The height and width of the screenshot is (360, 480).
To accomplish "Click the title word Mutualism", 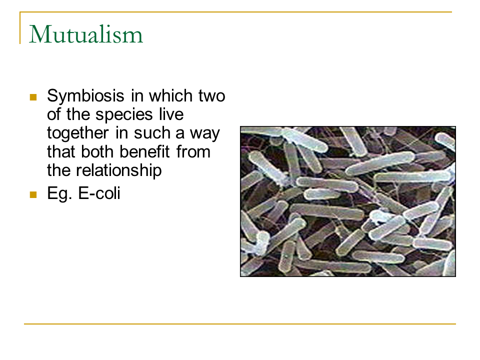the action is tap(86, 34).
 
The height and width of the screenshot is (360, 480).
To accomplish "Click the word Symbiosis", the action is tap(85, 96).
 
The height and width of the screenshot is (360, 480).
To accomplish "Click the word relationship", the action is tap(119, 171).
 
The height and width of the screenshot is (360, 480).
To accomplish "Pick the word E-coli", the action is tap(99, 193).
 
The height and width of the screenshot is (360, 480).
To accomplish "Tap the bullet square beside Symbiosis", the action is tap(33, 97).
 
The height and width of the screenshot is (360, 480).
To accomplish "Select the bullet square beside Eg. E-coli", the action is tap(33, 194).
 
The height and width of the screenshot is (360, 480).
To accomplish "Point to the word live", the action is tap(171, 114).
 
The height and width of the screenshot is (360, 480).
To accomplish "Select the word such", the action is tap(152, 133).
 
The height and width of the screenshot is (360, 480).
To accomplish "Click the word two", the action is tap(212, 96).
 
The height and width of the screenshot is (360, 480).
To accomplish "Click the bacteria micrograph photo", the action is tap(348, 201).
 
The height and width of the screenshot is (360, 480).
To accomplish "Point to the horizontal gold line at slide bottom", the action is tap(240, 323).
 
